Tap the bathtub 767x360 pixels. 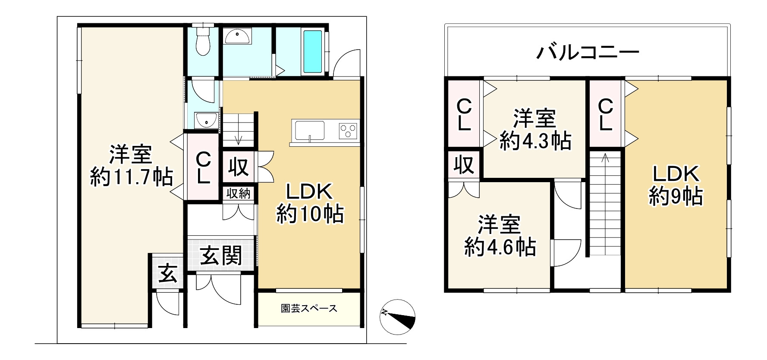click(x=312, y=51)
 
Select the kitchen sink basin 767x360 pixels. click(x=309, y=130)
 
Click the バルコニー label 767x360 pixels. click(x=588, y=53)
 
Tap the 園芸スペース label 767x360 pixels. click(x=309, y=309)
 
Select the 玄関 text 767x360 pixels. click(x=221, y=257)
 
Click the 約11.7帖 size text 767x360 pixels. click(x=131, y=177)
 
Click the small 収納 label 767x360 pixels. click(x=239, y=194)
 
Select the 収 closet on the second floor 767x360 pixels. click(x=464, y=164)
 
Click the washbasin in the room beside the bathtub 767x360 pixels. click(x=237, y=37)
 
